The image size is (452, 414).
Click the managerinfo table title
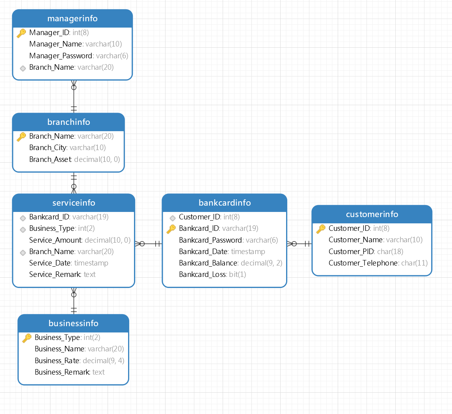[73, 19]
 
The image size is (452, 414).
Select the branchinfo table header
[69, 122]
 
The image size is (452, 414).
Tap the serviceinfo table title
[74, 203]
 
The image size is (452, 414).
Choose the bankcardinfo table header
[225, 203]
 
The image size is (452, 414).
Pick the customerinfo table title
[372, 214]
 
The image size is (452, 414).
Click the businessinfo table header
[73, 323]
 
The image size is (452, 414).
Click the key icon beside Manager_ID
[21, 33]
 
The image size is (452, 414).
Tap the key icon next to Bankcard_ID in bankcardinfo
[171, 229]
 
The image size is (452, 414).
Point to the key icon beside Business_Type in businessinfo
[27, 338]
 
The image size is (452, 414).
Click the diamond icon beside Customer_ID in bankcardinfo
[172, 217]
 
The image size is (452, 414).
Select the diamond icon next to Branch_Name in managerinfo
[23, 68]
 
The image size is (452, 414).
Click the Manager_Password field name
[61, 56]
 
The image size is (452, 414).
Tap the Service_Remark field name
[55, 274]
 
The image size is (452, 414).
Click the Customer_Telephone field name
[363, 263]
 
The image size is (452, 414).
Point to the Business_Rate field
[57, 360]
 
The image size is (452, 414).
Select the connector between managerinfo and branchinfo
[74, 97]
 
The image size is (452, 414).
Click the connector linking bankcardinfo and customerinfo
[299, 244]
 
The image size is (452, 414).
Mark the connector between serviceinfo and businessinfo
[74, 301]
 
